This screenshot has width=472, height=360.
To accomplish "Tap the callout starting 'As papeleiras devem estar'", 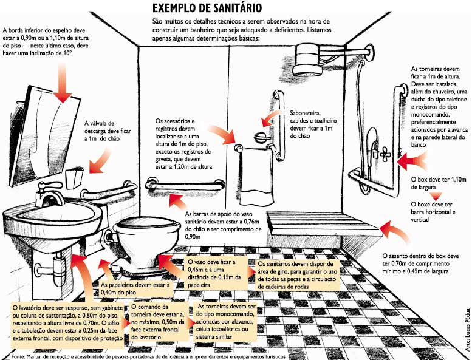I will [x=135, y=288].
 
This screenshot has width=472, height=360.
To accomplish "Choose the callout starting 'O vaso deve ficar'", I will [x=216, y=273].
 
